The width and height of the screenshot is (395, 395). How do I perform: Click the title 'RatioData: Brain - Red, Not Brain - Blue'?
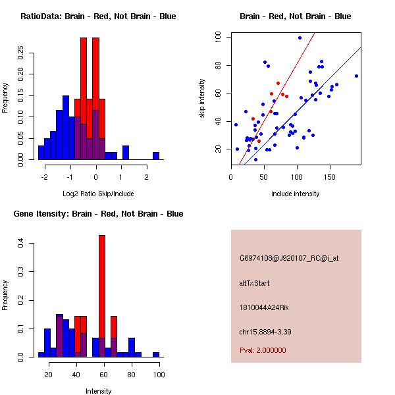(98, 16)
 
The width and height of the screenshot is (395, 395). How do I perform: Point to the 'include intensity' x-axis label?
(296, 194)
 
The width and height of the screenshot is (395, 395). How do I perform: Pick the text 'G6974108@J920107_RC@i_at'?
(289, 259)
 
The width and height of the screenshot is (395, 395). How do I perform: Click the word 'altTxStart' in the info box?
(254, 283)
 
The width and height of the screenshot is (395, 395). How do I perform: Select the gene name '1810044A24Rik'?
(262, 307)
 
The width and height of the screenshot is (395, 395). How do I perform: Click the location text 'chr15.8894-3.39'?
(265, 331)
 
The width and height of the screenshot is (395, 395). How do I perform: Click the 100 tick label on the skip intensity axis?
(217, 38)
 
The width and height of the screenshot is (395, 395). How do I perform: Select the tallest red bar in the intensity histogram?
(102, 296)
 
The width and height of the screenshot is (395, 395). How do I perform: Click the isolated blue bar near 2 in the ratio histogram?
(156, 155)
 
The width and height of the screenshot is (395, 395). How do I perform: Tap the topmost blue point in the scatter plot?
(300, 38)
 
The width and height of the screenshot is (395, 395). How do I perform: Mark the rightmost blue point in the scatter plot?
(356, 76)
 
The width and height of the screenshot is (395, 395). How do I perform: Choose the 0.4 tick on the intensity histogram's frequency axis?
(20, 244)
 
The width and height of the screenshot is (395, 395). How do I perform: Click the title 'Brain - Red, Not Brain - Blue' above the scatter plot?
(295, 16)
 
